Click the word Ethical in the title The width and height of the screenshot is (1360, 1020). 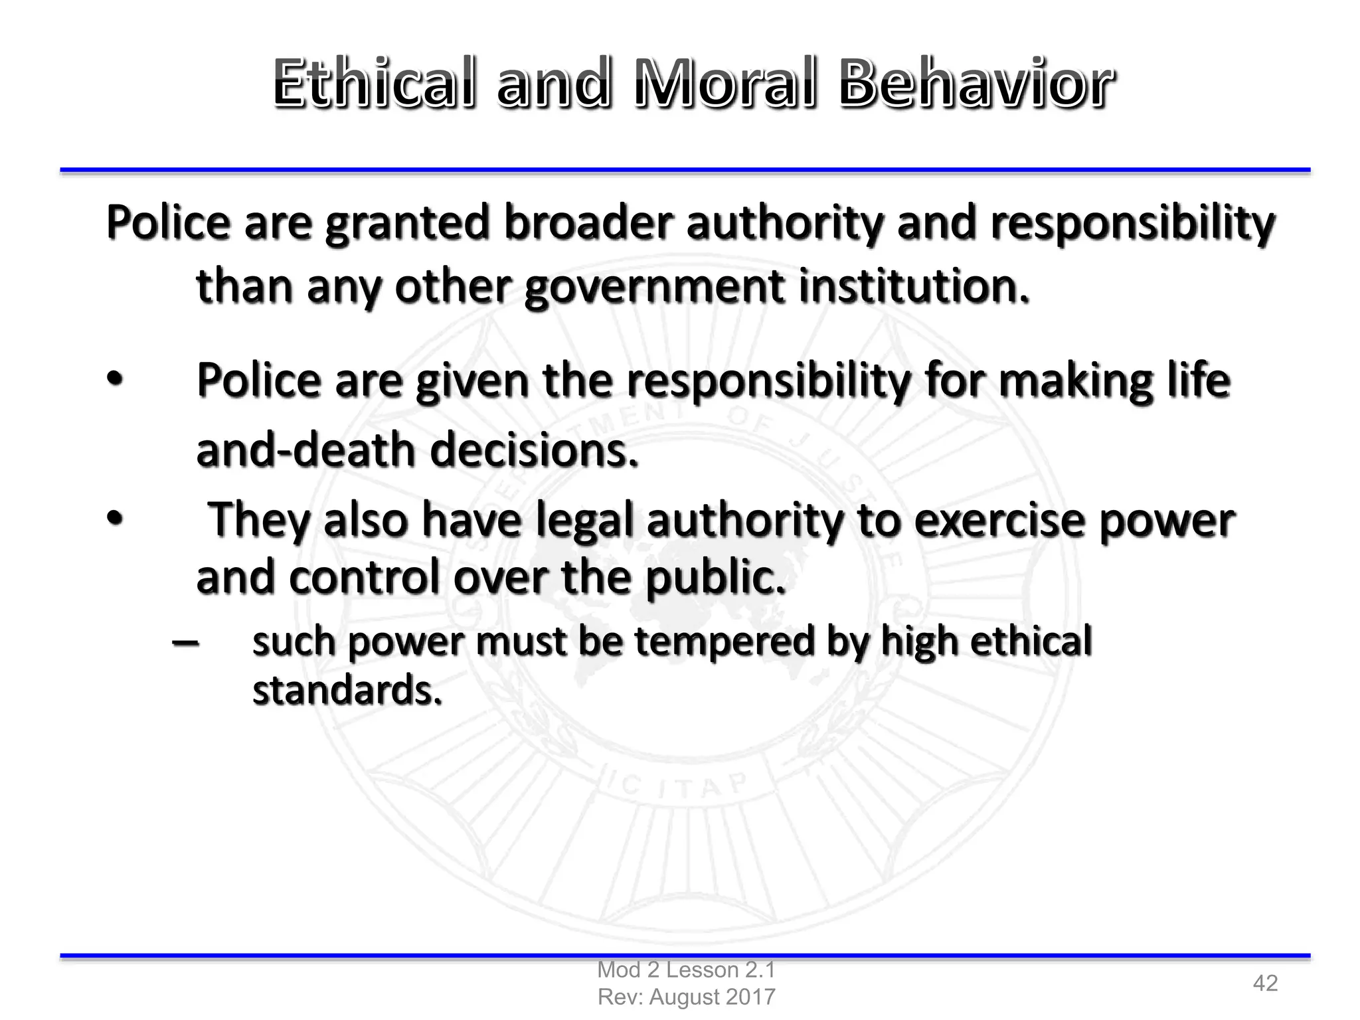click(374, 84)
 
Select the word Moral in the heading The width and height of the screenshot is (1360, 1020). click(724, 84)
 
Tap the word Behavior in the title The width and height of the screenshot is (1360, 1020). click(976, 84)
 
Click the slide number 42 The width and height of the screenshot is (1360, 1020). click(1265, 983)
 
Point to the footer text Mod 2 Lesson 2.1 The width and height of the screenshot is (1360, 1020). click(686, 970)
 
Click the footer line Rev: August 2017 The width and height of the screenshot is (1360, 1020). click(686, 997)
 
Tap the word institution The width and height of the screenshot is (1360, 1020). click(913, 287)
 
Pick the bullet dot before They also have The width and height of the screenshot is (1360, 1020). click(114, 519)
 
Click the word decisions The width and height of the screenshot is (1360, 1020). click(534, 450)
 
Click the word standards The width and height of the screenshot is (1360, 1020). click(347, 691)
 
